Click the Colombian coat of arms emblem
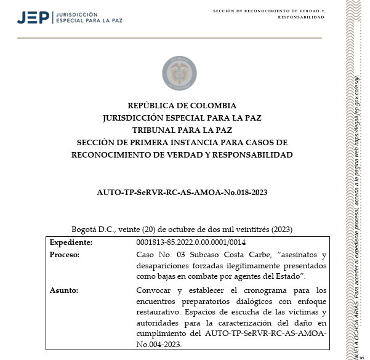pyautogui.click(x=179, y=72)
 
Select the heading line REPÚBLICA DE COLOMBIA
pyautogui.click(x=182, y=105)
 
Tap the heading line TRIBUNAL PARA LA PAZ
pyautogui.click(x=182, y=130)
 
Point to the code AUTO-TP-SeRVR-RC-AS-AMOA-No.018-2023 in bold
pyautogui.click(x=182, y=192)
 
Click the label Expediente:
pyautogui.click(x=71, y=242)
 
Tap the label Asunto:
pyautogui.click(x=64, y=290)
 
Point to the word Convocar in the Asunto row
pyautogui.click(x=154, y=290)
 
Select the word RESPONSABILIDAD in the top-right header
pyautogui.click(x=301, y=17)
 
